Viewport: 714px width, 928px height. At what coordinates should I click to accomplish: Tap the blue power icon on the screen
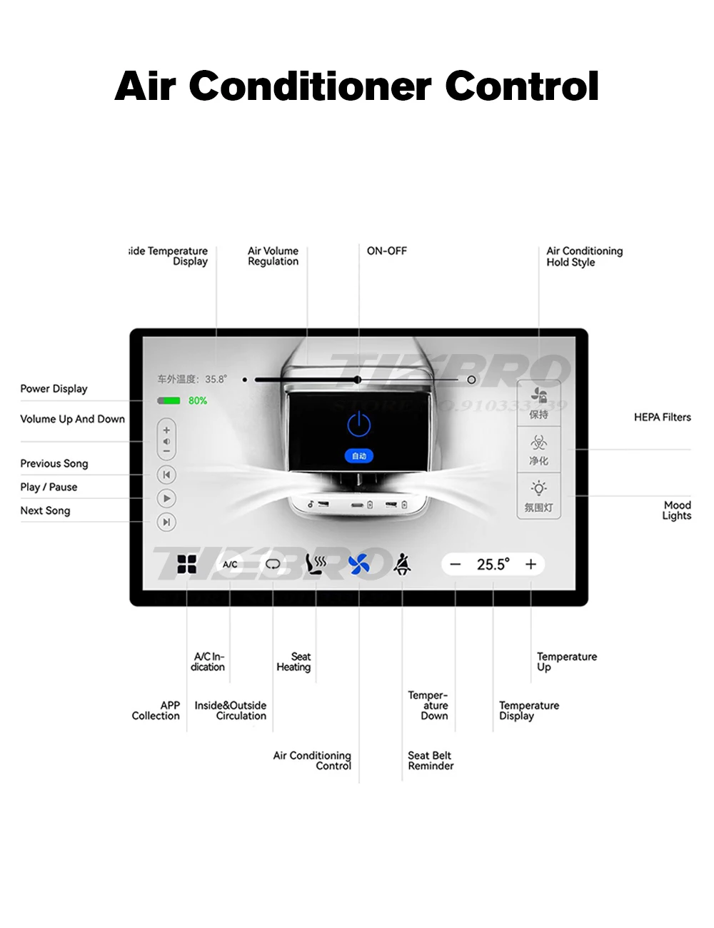(358, 425)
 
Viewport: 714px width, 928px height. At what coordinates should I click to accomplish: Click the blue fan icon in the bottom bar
(358, 565)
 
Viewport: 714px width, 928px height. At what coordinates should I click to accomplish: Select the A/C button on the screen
(230, 565)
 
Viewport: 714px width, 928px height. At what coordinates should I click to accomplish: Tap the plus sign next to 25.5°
(531, 565)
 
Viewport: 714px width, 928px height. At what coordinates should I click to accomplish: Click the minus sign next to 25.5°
(456, 565)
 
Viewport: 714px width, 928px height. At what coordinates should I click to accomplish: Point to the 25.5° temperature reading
(493, 565)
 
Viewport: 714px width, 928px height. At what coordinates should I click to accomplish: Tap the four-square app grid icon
(186, 565)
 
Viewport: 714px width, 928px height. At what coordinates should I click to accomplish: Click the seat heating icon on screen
(316, 565)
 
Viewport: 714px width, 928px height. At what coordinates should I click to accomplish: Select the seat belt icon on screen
(403, 565)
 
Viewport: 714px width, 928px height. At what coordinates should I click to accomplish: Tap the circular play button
(166, 498)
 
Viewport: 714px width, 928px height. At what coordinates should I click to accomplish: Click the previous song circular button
(166, 475)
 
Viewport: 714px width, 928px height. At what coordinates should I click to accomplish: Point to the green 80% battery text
(198, 401)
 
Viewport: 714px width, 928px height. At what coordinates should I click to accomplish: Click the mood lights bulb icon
(539, 488)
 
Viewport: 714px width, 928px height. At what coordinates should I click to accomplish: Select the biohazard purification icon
(539, 443)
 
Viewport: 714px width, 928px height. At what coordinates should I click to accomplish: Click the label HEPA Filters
(662, 418)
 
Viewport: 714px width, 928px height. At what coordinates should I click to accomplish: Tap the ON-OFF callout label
(386, 251)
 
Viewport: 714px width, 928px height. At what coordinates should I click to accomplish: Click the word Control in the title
(522, 86)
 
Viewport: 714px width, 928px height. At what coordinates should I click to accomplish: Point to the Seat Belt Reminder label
(431, 761)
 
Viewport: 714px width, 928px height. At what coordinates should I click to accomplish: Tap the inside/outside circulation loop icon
(273, 565)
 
